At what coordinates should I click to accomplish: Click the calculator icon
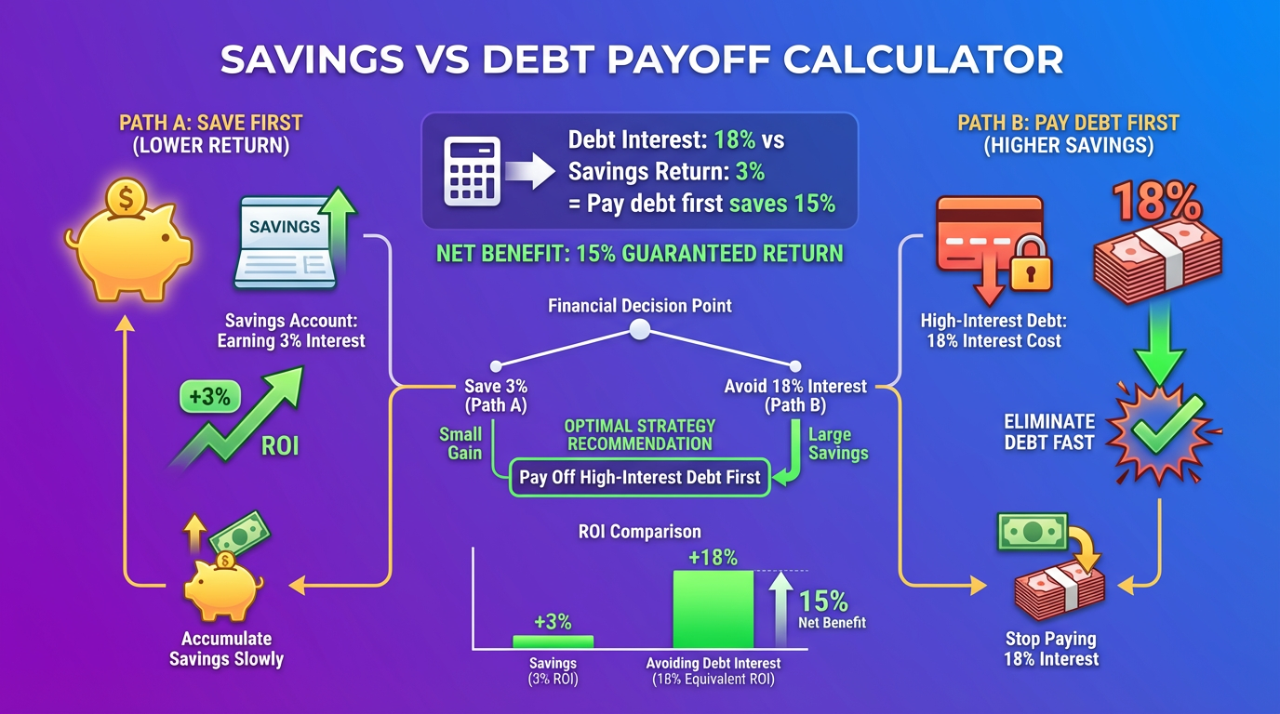click(x=473, y=171)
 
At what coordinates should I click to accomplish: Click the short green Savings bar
click(x=553, y=641)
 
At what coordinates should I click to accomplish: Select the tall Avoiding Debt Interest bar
click(x=713, y=609)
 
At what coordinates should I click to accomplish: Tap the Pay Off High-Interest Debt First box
click(x=640, y=477)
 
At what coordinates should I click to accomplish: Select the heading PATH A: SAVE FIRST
click(x=211, y=123)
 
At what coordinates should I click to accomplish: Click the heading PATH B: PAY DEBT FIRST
click(x=1068, y=123)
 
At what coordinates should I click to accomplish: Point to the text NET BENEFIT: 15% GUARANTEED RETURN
click(x=639, y=253)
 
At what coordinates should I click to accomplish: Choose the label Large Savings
click(x=837, y=443)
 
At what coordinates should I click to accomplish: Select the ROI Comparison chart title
click(x=639, y=532)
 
